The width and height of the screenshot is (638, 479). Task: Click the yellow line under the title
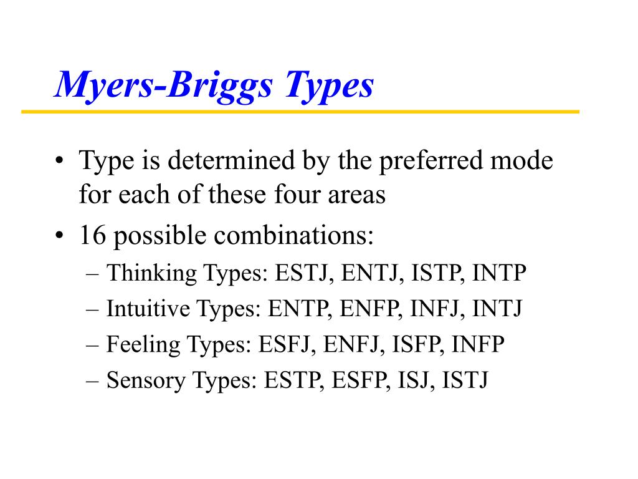300,112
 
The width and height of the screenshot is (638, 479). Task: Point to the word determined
231,160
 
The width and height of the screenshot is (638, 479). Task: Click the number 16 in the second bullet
93,235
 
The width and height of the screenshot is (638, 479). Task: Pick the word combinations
293,235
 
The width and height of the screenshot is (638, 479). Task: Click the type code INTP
499,273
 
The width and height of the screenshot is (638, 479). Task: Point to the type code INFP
478,344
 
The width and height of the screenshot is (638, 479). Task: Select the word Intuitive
148,308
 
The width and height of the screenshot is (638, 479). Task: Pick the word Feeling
143,344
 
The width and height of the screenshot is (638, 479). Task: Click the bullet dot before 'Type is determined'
59,160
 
